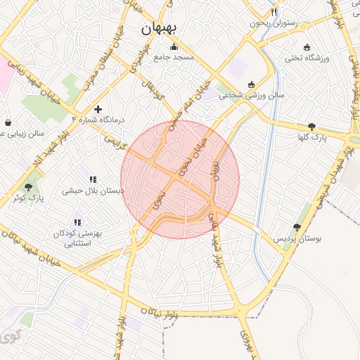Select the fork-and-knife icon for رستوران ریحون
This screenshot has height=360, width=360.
(274, 12)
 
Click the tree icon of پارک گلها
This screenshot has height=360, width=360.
(311, 127)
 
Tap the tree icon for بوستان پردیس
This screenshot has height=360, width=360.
(297, 228)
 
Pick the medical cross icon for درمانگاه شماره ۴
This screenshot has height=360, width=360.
(98, 109)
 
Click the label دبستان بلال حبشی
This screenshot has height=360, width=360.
(93, 191)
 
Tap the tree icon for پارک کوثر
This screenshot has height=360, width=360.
(29, 187)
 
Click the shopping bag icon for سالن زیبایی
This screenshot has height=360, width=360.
(8, 122)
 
